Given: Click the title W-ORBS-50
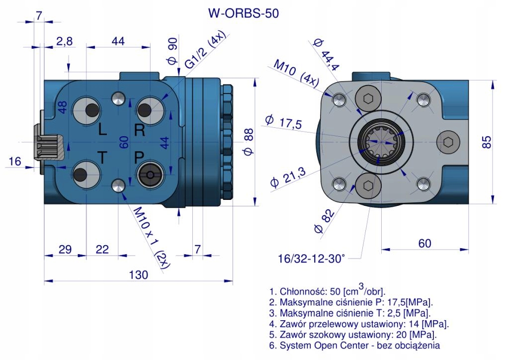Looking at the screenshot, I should (x=243, y=13).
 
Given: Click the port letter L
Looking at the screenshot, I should (x=102, y=130).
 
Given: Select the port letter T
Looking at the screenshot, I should (x=101, y=158).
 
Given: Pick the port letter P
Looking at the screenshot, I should (x=139, y=158).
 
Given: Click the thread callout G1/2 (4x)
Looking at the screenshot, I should (x=205, y=52).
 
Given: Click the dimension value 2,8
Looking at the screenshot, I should (x=64, y=42).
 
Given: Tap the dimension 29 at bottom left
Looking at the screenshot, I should (x=65, y=250).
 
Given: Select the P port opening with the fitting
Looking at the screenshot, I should (x=149, y=174).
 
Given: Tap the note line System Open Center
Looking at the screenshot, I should (x=354, y=343).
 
